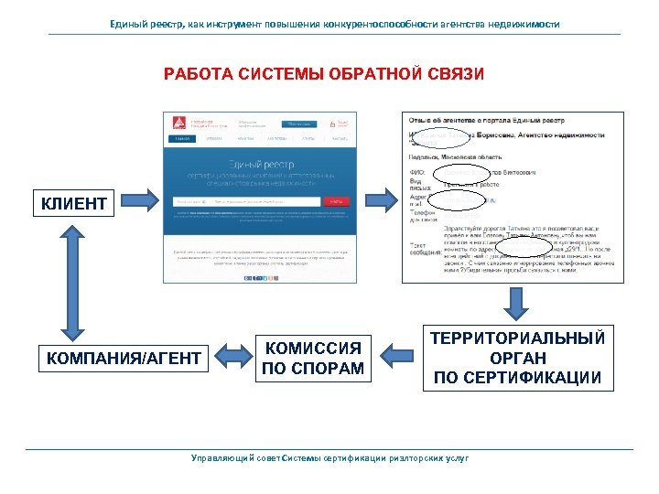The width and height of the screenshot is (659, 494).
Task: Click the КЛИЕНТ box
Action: coord(74,201)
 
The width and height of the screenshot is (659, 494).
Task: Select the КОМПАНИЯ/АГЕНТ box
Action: coord(124,357)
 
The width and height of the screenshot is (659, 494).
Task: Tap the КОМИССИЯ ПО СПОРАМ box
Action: coord(313,358)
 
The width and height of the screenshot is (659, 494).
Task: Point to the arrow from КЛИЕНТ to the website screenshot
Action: coord(138,200)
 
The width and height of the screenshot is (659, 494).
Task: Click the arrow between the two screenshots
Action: coord(377,200)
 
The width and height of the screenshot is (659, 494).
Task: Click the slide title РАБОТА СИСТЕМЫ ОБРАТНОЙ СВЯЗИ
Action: coord(324,73)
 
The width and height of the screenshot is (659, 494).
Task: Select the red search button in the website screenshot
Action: coord(335,201)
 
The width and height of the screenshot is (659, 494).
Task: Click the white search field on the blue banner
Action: coord(247,201)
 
